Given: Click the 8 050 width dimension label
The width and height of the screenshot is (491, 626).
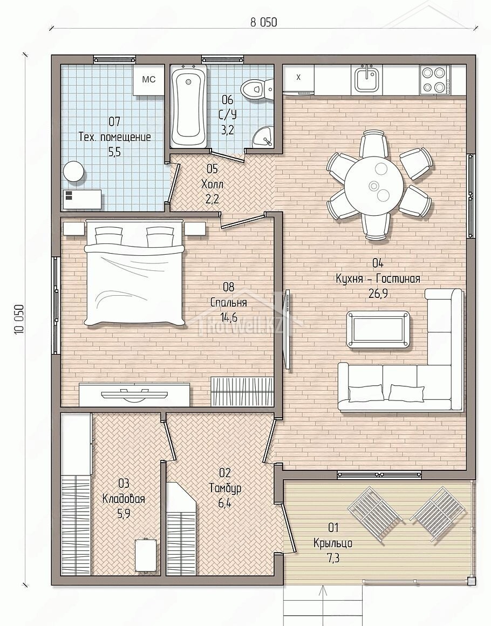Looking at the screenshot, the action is (x=263, y=22).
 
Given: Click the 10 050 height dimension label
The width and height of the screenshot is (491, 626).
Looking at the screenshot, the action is (x=19, y=319).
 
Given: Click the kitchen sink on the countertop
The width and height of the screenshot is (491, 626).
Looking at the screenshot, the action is (x=366, y=78).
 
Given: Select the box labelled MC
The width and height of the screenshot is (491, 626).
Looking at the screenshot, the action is (x=149, y=80).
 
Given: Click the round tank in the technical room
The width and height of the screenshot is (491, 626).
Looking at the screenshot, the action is (x=74, y=172).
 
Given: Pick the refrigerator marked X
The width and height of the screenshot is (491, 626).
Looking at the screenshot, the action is (x=298, y=79).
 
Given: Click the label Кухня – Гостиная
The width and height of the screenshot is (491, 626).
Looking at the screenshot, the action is (x=378, y=278).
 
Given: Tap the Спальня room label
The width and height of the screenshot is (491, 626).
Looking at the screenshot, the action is (x=228, y=303).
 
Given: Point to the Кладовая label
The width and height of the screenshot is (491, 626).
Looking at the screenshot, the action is (x=124, y=499).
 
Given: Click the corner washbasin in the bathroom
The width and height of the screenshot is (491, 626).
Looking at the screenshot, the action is (x=263, y=137).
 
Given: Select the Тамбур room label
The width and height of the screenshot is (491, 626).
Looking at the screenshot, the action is (x=225, y=488).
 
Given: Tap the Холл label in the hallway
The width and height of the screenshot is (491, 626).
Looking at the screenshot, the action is (x=213, y=185).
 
